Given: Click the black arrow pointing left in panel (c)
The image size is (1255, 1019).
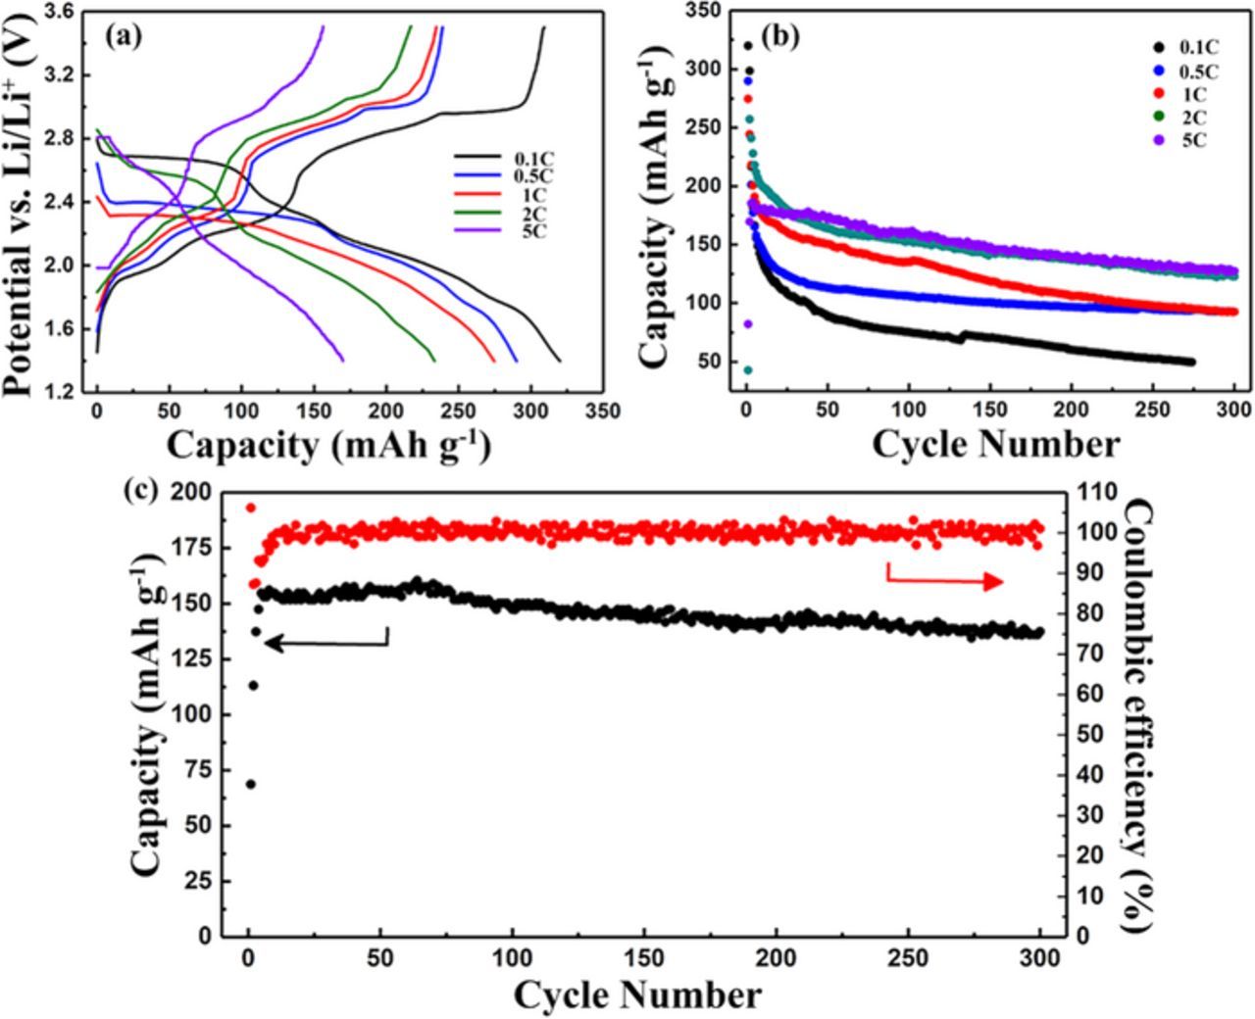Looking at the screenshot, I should [328, 642].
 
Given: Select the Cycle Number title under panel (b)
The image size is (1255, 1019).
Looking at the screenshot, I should [994, 444].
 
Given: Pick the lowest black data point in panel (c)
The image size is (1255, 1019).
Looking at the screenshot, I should [251, 784].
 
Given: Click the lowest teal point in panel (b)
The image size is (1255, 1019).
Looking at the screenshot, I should [748, 369].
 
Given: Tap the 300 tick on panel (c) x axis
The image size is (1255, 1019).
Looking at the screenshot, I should [1040, 957].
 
